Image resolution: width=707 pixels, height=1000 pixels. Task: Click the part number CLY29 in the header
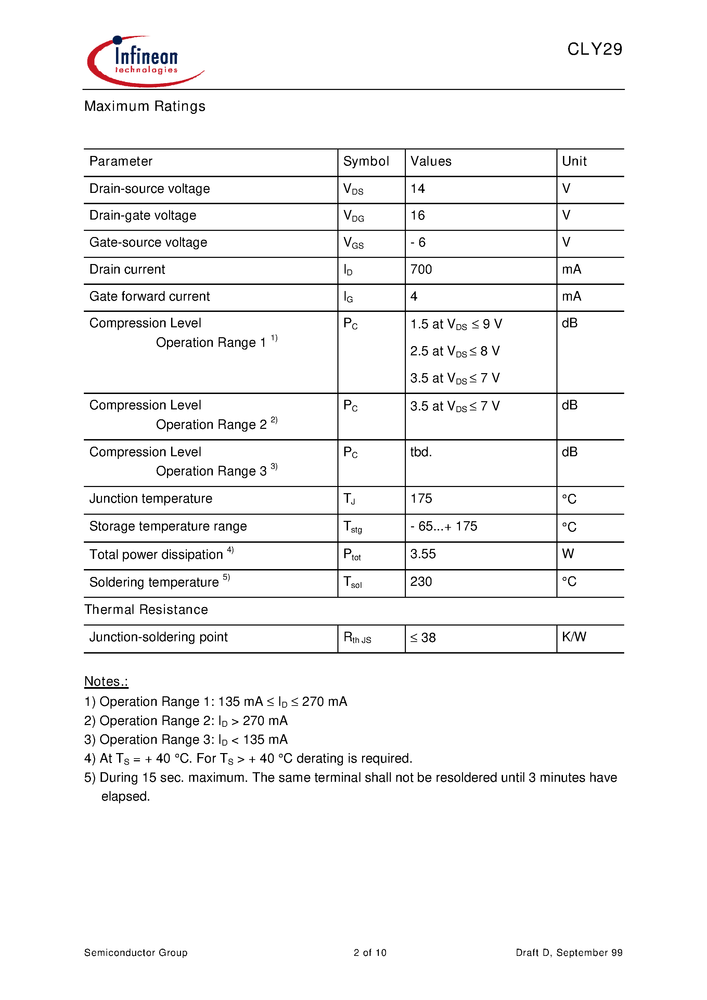594,49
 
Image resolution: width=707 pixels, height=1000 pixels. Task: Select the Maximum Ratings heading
145,106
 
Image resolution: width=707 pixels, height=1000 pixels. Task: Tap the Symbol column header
366,161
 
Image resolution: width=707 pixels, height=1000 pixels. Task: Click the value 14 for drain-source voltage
417,188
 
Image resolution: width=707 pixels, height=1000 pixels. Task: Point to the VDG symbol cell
353,215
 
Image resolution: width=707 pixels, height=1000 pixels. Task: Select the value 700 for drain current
421,269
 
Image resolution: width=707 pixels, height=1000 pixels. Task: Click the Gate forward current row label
150,297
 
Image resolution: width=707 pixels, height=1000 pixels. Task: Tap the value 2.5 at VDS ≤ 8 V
455,351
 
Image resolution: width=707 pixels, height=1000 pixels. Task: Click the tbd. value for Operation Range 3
421,452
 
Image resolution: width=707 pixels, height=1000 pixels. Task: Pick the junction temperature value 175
421,499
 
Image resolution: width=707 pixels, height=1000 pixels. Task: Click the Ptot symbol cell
352,554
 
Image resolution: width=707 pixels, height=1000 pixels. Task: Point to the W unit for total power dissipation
568,554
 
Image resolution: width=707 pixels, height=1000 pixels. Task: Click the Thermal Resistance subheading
146,610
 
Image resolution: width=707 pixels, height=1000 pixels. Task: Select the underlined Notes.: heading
106,682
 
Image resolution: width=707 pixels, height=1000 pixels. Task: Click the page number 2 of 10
370,953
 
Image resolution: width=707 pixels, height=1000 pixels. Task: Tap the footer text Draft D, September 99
569,953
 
